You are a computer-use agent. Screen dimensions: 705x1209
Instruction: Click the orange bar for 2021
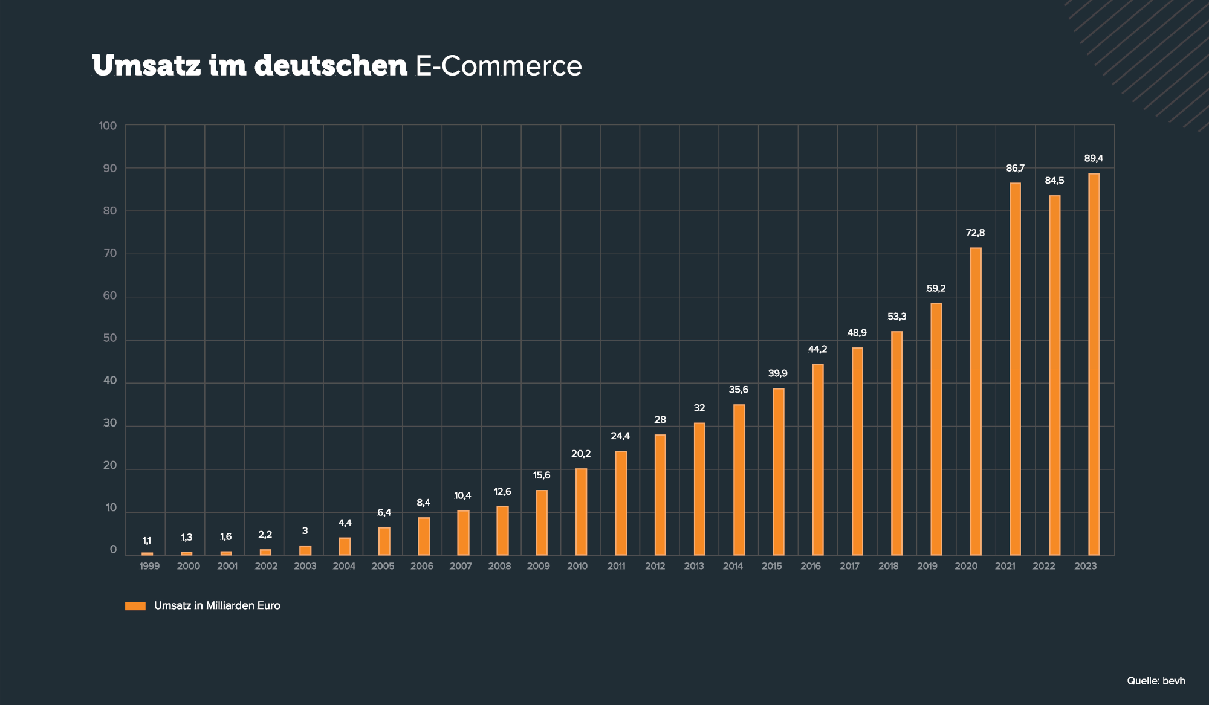(x=1015, y=369)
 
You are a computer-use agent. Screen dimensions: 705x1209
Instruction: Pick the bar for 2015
(x=778, y=471)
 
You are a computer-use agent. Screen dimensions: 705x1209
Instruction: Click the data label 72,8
(x=975, y=233)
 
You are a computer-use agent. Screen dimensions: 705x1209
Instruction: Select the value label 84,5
(x=1054, y=181)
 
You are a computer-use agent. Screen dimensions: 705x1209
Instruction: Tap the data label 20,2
(x=581, y=454)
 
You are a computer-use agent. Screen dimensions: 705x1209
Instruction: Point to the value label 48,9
(x=857, y=333)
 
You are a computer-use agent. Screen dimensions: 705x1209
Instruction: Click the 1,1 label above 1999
(x=147, y=541)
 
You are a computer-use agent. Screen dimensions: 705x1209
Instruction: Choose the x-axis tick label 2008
(x=499, y=566)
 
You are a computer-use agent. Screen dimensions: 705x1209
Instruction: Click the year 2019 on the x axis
(x=927, y=566)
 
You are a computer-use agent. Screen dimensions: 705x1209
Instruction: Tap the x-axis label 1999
(x=149, y=566)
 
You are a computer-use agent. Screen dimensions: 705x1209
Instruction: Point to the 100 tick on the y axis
(x=108, y=126)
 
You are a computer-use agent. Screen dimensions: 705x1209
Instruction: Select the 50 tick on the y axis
(x=109, y=338)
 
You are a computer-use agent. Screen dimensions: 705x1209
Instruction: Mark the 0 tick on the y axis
(x=113, y=550)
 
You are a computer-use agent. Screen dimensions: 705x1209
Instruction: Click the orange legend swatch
(x=135, y=606)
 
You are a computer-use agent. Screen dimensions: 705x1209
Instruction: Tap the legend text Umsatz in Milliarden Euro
(x=217, y=606)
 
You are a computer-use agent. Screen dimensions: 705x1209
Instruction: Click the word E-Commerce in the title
(x=499, y=66)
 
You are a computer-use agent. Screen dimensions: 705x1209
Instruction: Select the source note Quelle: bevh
(x=1156, y=681)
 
